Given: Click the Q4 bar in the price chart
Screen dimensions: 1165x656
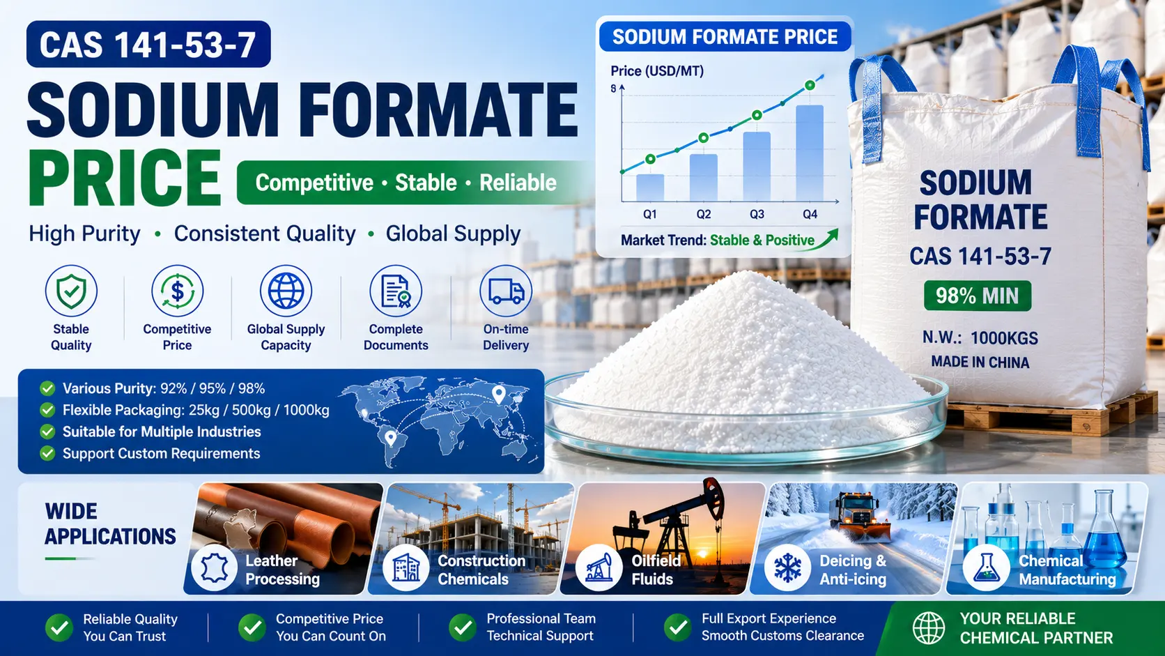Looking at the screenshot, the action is (810, 153).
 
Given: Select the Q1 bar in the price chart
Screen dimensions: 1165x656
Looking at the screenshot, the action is (650, 188).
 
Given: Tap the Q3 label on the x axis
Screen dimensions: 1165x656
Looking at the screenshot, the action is (757, 214).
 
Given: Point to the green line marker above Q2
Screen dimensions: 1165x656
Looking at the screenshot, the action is (703, 138).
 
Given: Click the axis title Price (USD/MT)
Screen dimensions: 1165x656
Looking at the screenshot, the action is (657, 70).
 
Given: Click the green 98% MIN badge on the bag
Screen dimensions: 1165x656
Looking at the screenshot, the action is (978, 296).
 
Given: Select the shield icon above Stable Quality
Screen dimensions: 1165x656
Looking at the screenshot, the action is (71, 291).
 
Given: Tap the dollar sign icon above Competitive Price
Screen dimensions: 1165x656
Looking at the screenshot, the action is (178, 291).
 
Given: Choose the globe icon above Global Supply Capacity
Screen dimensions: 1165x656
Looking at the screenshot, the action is (286, 291).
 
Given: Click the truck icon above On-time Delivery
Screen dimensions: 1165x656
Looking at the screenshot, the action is (506, 291).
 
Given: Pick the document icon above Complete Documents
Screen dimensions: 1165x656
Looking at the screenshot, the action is (396, 291).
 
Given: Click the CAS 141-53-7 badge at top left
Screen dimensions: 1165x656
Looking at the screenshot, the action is (148, 44).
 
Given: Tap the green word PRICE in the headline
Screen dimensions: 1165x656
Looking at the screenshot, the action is (125, 178).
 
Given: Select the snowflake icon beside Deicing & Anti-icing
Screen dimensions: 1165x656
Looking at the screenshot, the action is (787, 567).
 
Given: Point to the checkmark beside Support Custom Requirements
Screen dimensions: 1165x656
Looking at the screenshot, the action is (47, 453).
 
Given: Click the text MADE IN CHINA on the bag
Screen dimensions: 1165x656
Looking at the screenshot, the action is (980, 362).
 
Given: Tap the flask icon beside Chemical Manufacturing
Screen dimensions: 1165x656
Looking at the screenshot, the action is (985, 567).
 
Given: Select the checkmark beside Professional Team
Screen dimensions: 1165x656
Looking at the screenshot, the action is (463, 627).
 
